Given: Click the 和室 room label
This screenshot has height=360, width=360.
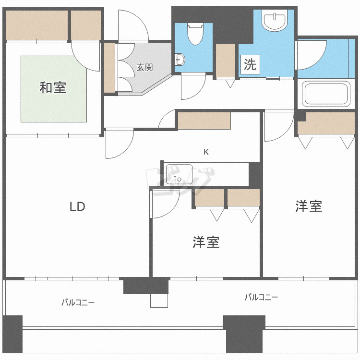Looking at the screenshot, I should pyautogui.click(x=53, y=88).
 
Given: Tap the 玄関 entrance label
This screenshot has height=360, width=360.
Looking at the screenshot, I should pyautogui.click(x=144, y=67).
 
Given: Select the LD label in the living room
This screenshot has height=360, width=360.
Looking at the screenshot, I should pyautogui.click(x=77, y=207).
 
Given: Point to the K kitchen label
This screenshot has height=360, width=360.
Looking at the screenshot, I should pyautogui.click(x=206, y=152).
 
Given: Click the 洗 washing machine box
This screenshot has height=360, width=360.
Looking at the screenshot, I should pyautogui.click(x=250, y=65).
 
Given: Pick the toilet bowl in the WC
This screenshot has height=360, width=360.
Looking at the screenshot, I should pyautogui.click(x=195, y=35).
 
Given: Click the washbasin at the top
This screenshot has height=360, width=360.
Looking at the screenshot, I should pyautogui.click(x=275, y=20).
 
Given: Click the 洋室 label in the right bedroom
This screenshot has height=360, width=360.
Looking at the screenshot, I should pyautogui.click(x=308, y=206).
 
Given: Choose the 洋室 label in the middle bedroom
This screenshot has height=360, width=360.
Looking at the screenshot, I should pyautogui.click(x=206, y=242).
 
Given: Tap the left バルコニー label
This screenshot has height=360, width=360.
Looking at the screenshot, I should pyautogui.click(x=77, y=302).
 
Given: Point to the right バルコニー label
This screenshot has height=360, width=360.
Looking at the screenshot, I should pyautogui.click(x=261, y=297).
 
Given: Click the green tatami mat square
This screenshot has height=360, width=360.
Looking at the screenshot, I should pyautogui.click(x=53, y=89).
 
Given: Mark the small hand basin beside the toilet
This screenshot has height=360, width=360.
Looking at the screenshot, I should pyautogui.click(x=180, y=60).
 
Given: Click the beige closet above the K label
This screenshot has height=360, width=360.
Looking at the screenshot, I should pyautogui.click(x=204, y=120).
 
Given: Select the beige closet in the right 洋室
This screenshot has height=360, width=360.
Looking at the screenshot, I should pyautogui.click(x=326, y=124).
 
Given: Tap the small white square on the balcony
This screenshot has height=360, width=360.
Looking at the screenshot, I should pyautogui.click(x=159, y=300).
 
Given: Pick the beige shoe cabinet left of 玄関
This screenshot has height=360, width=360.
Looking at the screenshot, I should pyautogui.click(x=109, y=68).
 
